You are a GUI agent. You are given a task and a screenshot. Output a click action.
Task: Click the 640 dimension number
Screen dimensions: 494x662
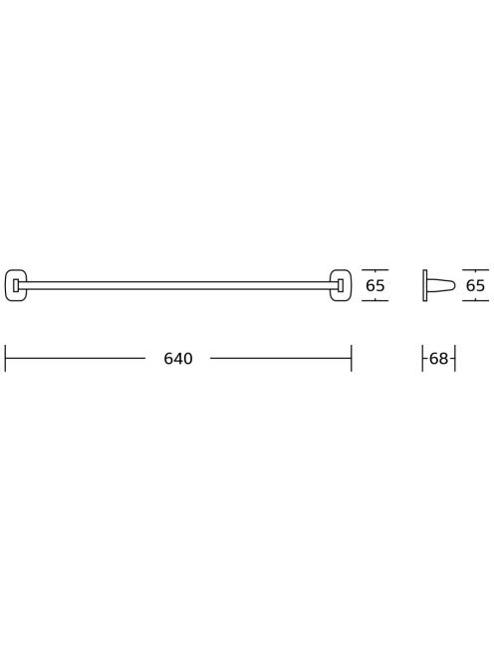(178, 359)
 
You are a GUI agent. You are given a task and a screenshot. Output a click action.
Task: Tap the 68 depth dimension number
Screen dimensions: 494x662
(438, 359)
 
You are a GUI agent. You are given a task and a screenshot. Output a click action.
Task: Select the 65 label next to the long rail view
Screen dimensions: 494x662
(375, 286)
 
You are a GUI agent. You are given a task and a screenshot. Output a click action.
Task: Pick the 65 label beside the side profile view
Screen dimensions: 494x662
(475, 286)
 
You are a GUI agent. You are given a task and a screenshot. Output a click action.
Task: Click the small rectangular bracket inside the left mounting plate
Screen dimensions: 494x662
(16, 285)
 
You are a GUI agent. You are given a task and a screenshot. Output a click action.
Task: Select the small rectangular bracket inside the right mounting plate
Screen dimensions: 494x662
(340, 285)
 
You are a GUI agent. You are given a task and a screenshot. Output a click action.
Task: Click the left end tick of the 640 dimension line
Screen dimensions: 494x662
(5, 359)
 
